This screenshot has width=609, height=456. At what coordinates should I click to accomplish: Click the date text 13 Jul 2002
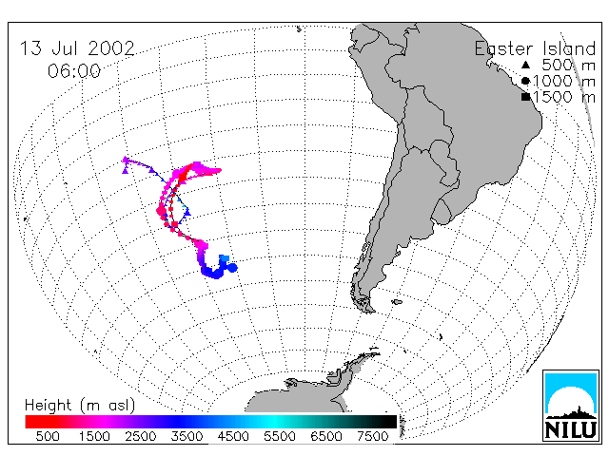(x=77, y=48)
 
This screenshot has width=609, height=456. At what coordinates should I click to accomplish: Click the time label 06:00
(x=74, y=71)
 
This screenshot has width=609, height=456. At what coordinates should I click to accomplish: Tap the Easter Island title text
(x=535, y=48)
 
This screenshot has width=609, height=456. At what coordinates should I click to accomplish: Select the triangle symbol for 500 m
(x=525, y=65)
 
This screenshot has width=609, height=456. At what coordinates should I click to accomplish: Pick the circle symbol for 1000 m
(x=525, y=81)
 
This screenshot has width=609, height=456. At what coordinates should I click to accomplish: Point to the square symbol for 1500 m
(x=525, y=97)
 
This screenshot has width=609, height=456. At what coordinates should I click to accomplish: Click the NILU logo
(x=571, y=406)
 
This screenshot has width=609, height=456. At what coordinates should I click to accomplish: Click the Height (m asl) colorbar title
(x=80, y=406)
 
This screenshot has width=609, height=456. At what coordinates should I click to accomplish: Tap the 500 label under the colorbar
(x=48, y=436)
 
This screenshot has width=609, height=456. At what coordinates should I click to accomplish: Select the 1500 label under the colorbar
(x=94, y=436)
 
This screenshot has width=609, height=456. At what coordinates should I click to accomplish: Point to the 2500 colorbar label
(x=141, y=436)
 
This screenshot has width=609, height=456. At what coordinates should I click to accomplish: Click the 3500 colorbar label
(x=187, y=436)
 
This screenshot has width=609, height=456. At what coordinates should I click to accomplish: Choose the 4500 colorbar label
(x=233, y=436)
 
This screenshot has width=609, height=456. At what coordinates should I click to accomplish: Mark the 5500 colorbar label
(x=280, y=436)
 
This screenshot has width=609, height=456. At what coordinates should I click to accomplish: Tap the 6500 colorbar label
(x=326, y=436)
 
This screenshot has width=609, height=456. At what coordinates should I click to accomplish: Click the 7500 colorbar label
(x=373, y=436)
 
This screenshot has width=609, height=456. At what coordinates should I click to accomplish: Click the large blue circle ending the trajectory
(x=232, y=268)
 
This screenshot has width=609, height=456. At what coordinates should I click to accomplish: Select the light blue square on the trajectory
(x=225, y=258)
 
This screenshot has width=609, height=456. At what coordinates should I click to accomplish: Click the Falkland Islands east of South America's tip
(x=397, y=302)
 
